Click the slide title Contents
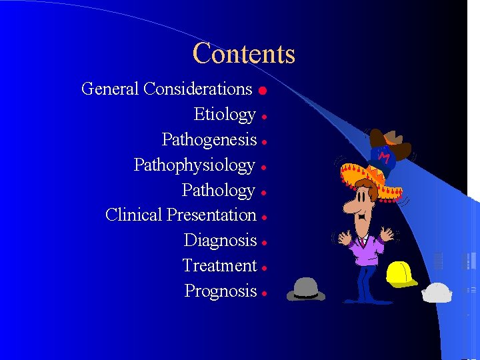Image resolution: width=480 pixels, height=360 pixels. [243, 54]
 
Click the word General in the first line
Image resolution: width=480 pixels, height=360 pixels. [110, 89]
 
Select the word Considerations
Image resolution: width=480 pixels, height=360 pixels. [197, 89]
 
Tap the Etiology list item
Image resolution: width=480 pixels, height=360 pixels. [225, 115]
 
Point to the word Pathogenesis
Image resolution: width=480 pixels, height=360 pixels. [209, 139]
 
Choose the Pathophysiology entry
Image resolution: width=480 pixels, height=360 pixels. [195, 165]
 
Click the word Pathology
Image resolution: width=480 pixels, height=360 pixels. [219, 190]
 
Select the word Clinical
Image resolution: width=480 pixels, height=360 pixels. [134, 215]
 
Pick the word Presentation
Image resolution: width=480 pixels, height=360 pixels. [211, 215]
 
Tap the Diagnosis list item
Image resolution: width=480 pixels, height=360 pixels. [220, 240]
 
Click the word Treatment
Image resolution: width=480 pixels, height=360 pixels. [219, 265]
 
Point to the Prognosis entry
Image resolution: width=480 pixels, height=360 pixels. [220, 291]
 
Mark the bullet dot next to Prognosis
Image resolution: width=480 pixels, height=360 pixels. [265, 293]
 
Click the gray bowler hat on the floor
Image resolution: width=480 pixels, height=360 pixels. [305, 289]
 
